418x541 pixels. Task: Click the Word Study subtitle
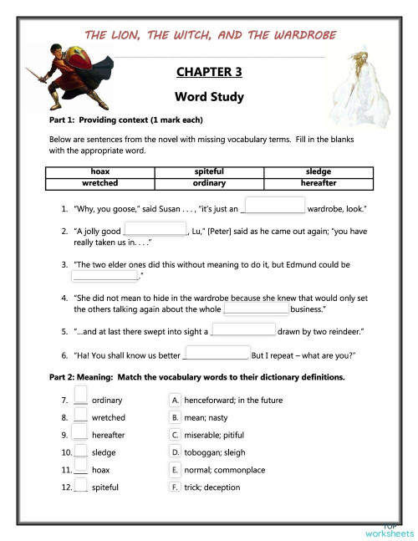[209, 97]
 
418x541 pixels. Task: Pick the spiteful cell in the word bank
[209, 171]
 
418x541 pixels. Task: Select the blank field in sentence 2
[155, 229]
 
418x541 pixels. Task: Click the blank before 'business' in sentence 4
[256, 309]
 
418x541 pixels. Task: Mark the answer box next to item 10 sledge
[81, 451]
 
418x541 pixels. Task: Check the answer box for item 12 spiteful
[81, 486]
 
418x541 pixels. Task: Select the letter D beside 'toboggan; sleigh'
[175, 452]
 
